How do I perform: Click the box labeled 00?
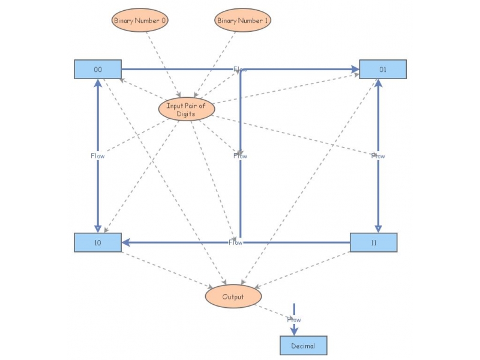[x=98, y=70]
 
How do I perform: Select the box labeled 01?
[x=383, y=70]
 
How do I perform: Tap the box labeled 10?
[x=98, y=242]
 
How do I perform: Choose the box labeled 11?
[x=373, y=242]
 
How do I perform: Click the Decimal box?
[x=303, y=346]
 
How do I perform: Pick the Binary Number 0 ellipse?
[x=140, y=20]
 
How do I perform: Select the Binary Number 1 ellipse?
[x=242, y=20]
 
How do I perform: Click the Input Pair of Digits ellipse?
[x=186, y=109]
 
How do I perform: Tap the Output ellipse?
[x=233, y=296]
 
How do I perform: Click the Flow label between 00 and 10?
[x=98, y=156]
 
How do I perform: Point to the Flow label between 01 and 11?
[x=378, y=156]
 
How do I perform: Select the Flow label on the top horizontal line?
[x=240, y=70]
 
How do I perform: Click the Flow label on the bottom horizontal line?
[x=235, y=242]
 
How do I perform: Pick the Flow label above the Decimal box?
[x=294, y=320]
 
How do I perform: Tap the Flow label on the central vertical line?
[x=240, y=156]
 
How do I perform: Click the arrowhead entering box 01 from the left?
[x=355, y=70]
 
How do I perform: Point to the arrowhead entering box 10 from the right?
[x=126, y=242]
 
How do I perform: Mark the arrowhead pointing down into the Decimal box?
[x=294, y=332]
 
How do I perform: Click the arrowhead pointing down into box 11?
[x=378, y=228]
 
